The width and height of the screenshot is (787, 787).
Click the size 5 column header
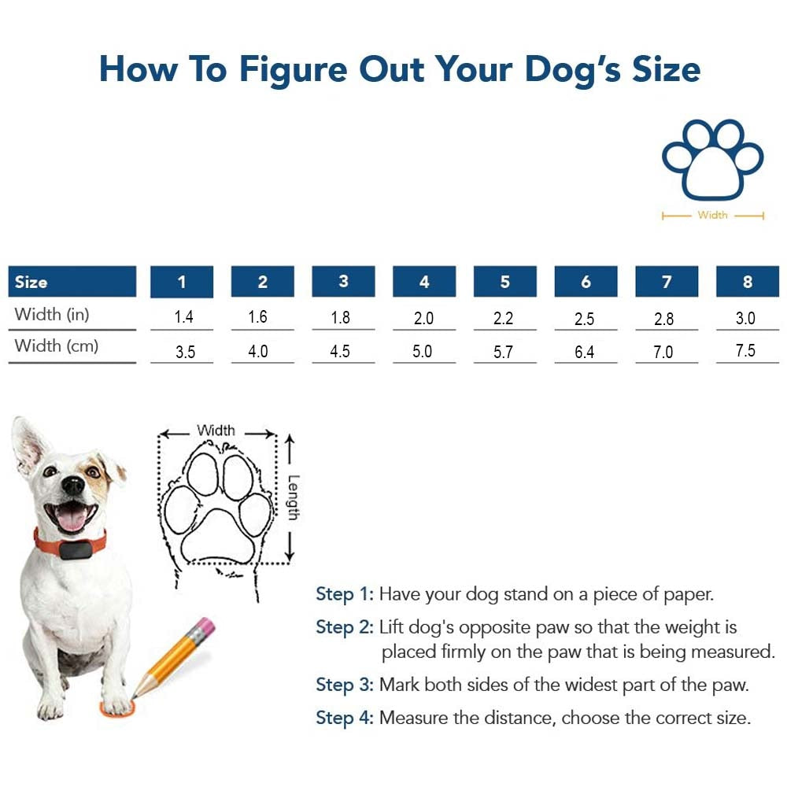coord(505,281)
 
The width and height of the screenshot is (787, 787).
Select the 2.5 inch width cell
coord(584,319)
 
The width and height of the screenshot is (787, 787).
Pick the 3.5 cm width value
coord(185,351)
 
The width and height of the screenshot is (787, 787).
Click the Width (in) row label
coord(52,314)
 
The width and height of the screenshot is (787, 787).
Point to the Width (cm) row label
coord(57,345)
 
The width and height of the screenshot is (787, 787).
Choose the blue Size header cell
coord(72,281)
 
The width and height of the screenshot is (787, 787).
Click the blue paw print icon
coord(713,160)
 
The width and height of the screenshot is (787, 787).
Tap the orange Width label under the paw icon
coord(712,215)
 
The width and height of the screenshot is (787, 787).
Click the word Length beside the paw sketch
coord(294,497)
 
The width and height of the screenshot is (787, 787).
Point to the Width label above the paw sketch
coord(216,430)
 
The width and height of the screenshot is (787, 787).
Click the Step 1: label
coord(345,594)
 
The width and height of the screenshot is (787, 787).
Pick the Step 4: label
coord(345,719)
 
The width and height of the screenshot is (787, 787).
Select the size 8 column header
coord(748,281)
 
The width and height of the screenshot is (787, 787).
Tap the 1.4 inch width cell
coord(183,316)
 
